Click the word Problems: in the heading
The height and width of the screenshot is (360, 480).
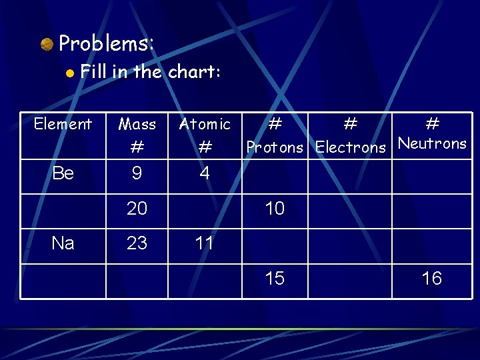[107, 44]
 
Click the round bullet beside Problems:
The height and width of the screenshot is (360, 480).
[47, 45]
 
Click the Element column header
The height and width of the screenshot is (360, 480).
[63, 124]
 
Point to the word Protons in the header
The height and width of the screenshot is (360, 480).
[275, 147]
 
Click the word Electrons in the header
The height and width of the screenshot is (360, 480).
[351, 147]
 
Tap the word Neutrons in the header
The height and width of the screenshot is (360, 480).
[432, 143]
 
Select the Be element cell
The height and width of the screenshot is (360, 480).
[63, 173]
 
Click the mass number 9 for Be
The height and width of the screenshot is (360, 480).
[137, 173]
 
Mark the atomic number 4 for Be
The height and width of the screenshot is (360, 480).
[205, 173]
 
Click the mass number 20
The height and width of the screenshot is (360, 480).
[137, 209]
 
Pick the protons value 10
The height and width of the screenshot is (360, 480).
[275, 209]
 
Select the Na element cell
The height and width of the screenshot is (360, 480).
[63, 243]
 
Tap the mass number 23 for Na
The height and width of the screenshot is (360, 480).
[137, 243]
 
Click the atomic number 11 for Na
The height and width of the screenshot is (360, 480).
[205, 243]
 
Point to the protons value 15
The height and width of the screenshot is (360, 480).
[275, 278]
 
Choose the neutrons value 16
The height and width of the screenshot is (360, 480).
[432, 278]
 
